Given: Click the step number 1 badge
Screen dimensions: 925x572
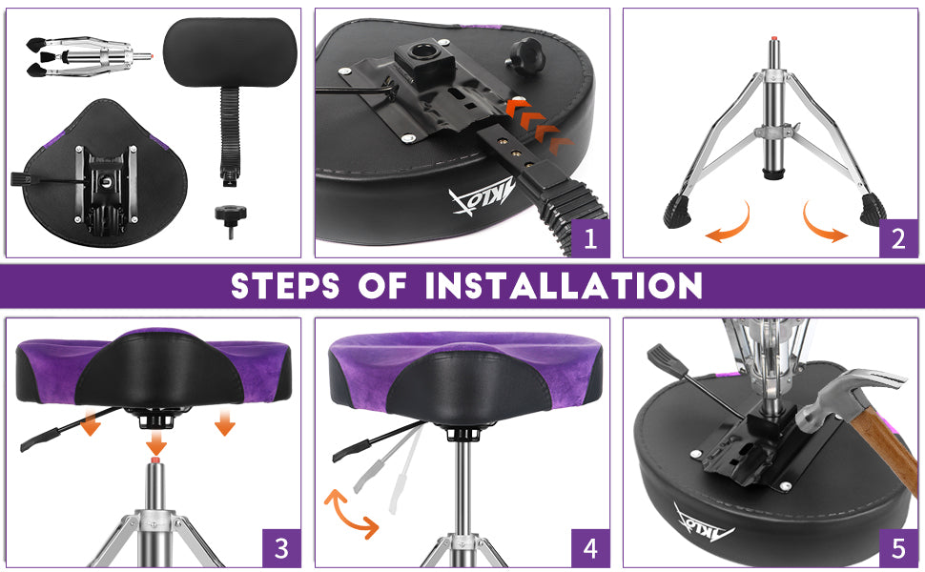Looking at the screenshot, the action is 590,238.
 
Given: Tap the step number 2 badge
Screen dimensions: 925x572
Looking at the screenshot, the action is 898,238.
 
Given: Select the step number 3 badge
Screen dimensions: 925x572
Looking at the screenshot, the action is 281,548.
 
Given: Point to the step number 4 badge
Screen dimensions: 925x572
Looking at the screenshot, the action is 590,548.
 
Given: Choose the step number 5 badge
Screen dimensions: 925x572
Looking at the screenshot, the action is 898,548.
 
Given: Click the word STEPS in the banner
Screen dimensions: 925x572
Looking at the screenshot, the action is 285,286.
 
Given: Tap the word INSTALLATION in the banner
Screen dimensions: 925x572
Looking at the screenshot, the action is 564,286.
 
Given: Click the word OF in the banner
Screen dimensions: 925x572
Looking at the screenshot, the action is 382,286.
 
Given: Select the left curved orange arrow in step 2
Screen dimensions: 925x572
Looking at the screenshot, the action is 730,223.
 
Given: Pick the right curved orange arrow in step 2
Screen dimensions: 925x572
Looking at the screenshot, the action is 824,223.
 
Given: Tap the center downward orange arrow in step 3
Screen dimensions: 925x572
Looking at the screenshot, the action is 156,443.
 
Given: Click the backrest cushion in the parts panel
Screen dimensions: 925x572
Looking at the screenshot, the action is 230,51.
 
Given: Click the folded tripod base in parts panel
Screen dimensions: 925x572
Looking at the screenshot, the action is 88,56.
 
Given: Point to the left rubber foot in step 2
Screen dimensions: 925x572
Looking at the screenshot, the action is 677,211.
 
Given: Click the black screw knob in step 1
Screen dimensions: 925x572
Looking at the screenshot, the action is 526,52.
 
